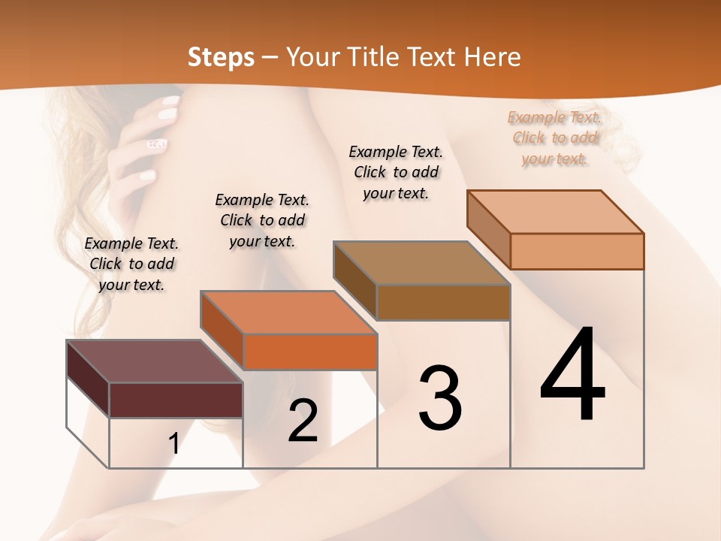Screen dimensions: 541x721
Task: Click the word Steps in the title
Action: tap(221, 57)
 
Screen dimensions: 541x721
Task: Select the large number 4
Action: tap(572, 376)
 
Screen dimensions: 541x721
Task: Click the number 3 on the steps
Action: tap(440, 398)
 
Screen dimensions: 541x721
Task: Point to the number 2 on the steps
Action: tap(303, 421)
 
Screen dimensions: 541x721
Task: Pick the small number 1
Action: tap(174, 444)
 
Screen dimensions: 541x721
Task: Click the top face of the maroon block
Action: tap(154, 361)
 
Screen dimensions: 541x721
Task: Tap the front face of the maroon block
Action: tap(176, 400)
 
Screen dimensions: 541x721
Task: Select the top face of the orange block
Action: tap(288, 312)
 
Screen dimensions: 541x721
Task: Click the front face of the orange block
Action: tap(310, 352)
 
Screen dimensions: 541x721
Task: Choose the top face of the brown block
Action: tap(421, 263)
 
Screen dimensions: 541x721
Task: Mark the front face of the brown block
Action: tap(443, 302)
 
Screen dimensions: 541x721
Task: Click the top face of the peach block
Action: tap(555, 211)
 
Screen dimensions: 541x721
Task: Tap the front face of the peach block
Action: tap(577, 251)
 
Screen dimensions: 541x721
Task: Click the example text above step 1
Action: tap(131, 264)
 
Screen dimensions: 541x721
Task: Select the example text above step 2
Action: tap(262, 220)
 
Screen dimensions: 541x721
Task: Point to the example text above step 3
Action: tap(396, 172)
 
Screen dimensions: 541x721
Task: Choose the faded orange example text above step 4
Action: tap(554, 138)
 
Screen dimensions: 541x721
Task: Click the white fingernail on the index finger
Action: tap(171, 100)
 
